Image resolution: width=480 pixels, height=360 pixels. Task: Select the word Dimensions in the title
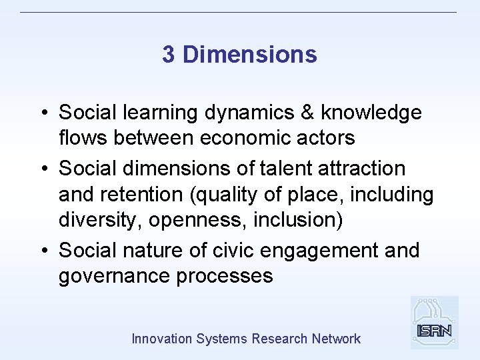(249, 55)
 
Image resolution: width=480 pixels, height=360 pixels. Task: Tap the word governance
(114, 276)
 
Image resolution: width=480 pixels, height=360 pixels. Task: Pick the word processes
(225, 276)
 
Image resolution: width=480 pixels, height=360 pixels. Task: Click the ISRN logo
(434, 323)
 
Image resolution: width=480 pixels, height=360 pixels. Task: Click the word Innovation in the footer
(161, 339)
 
